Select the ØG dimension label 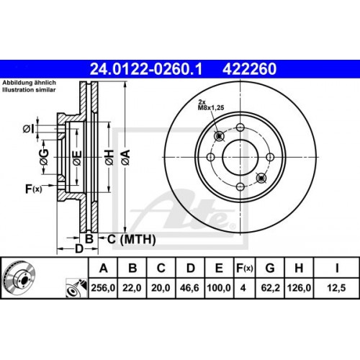coord(44,160)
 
